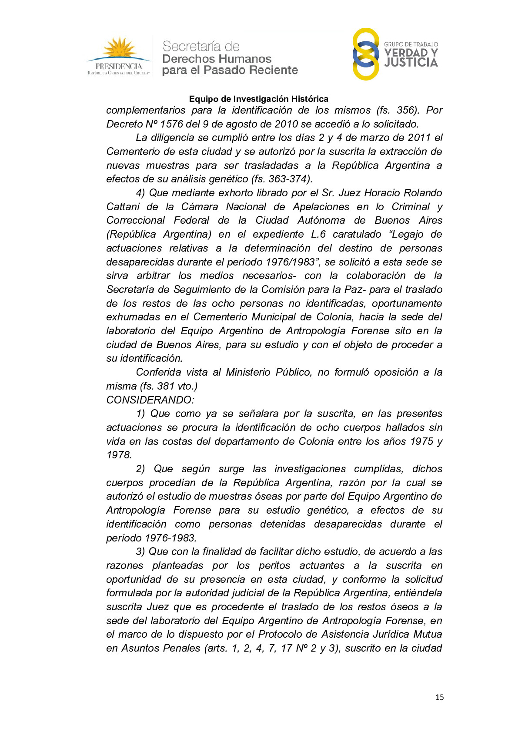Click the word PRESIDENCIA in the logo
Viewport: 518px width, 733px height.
119,67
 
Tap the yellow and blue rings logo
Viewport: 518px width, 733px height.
365,54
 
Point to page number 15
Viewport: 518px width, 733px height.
439,697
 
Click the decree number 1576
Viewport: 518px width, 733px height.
171,124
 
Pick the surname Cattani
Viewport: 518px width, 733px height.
123,207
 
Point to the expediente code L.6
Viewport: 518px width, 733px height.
318,234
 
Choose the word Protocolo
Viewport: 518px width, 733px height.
283,634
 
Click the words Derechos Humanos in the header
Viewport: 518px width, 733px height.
217,59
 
